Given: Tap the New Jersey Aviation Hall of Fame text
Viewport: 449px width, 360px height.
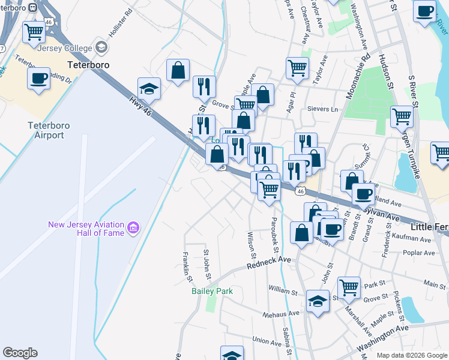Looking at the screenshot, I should click(85, 229).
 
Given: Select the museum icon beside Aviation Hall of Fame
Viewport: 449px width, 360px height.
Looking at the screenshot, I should click(133, 228).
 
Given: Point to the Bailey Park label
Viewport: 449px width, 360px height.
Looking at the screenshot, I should click(212, 291).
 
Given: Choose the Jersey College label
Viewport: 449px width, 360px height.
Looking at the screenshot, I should click(63, 48).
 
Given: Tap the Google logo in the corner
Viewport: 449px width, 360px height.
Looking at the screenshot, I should click(20, 353).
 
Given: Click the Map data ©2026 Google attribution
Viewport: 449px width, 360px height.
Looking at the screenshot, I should click(412, 355).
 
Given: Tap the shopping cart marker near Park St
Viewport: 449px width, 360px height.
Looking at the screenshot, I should click(349, 287).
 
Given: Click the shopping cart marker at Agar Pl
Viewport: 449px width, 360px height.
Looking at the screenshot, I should click(297, 68).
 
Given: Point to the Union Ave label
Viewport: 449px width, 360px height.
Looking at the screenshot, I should click(267, 340).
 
